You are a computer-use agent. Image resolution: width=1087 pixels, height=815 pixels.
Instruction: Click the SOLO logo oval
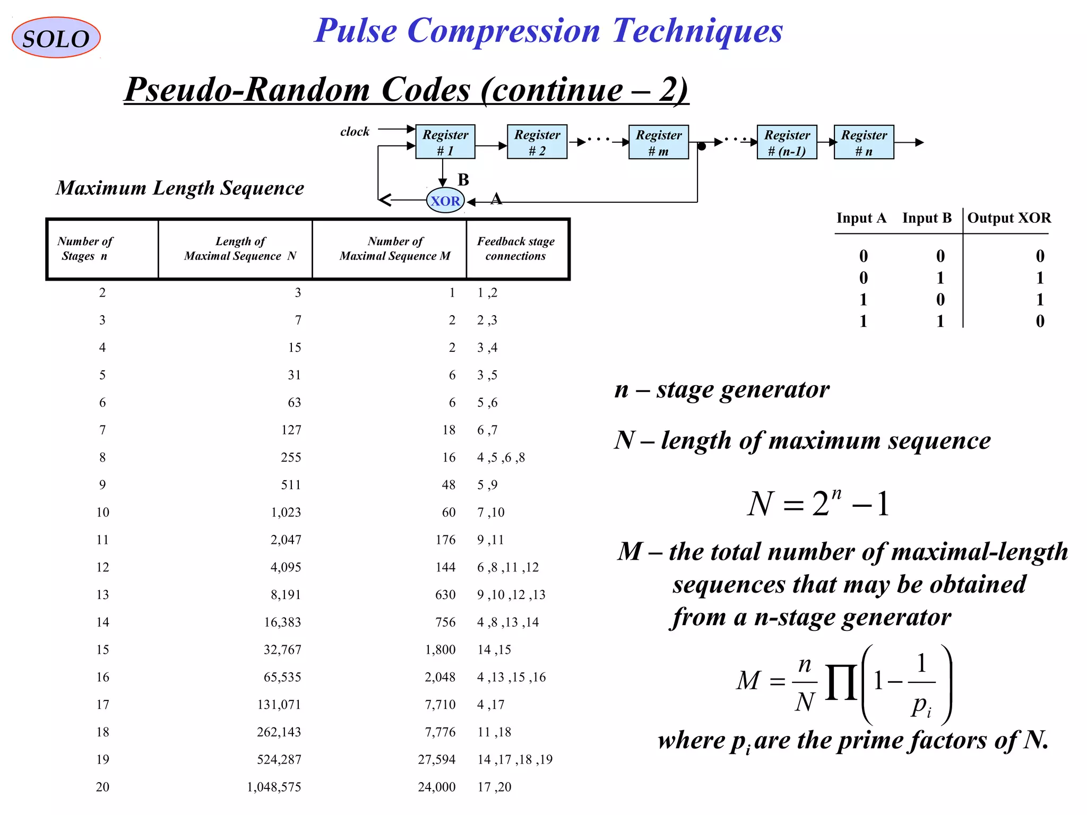56,38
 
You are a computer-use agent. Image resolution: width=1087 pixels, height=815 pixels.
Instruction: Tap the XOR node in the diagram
445,201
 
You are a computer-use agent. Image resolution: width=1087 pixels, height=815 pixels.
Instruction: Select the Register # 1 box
445,142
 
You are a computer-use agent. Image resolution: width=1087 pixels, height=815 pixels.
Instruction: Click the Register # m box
658,142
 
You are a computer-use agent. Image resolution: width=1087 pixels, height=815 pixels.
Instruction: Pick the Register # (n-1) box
787,142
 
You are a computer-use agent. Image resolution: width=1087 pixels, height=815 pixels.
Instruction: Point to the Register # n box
864,142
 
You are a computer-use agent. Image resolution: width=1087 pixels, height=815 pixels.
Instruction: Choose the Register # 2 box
537,142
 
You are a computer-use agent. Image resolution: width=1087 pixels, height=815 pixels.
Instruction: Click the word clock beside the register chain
355,132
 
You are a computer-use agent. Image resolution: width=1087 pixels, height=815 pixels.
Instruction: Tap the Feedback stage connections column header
516,248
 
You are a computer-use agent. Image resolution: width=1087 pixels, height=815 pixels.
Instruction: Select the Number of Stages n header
85,248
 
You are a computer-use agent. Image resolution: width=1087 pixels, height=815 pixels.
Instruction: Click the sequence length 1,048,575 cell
274,787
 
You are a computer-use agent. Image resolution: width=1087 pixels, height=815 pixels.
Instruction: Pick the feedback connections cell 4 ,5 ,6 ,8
501,457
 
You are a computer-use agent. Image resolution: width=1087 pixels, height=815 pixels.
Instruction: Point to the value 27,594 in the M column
436,759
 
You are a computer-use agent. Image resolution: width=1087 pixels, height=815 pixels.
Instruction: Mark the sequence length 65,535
282,677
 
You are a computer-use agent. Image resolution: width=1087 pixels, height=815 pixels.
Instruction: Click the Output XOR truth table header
1008,218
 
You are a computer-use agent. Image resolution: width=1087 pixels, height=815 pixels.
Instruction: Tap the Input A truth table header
861,218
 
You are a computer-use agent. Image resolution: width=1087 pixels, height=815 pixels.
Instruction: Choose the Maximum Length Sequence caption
180,188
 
